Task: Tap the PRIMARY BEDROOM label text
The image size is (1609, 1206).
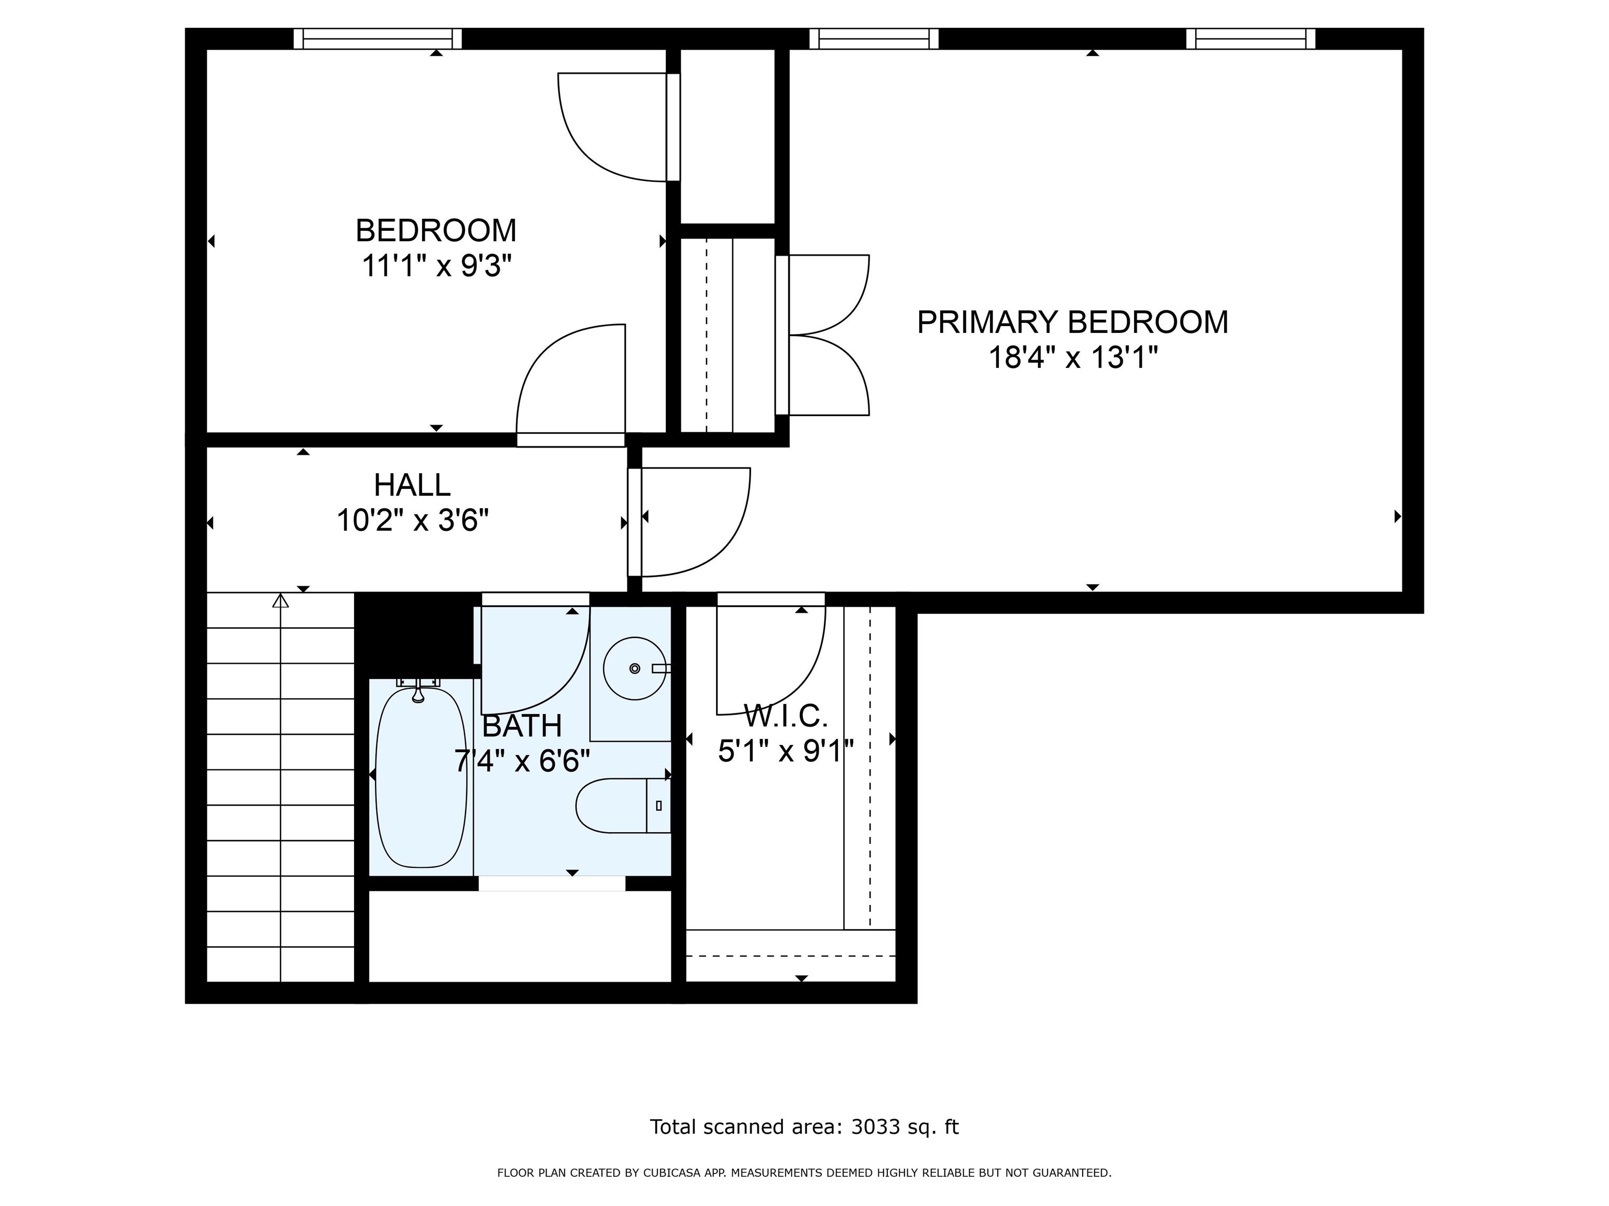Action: (x=1072, y=322)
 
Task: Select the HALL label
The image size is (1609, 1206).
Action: (x=412, y=485)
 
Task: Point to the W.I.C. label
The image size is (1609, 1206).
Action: (x=786, y=717)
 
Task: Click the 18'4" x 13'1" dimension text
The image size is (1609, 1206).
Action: (x=1072, y=358)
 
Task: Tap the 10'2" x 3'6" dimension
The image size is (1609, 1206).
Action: (x=412, y=520)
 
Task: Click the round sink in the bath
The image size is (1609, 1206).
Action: (x=635, y=668)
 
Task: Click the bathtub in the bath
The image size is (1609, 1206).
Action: (x=421, y=776)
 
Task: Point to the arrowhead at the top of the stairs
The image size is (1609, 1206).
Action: (x=281, y=600)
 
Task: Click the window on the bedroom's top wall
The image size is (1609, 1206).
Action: (x=378, y=39)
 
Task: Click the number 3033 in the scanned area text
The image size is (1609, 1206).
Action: (x=876, y=1127)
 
